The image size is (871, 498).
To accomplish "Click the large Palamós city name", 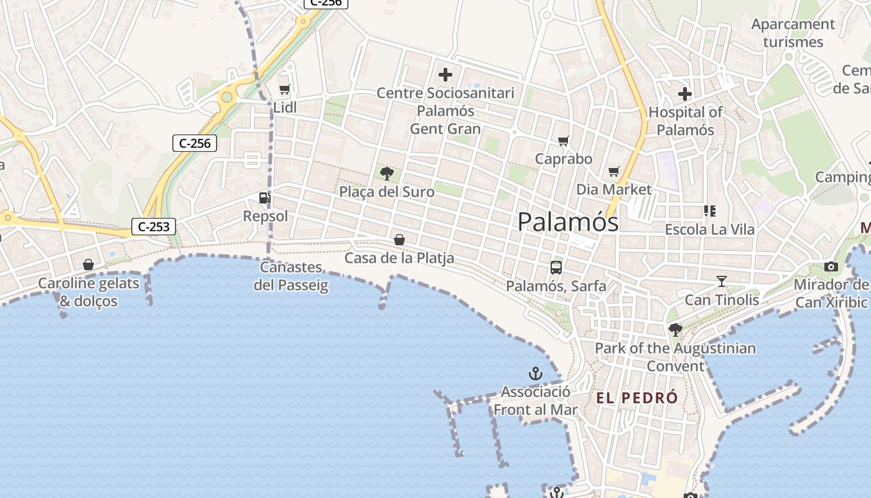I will (x=568, y=222).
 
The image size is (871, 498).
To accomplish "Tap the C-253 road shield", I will (x=153, y=227).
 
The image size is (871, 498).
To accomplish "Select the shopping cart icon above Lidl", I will (x=285, y=89).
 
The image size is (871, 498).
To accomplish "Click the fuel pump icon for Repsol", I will (x=265, y=198).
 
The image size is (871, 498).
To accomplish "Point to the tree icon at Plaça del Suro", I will (x=387, y=173).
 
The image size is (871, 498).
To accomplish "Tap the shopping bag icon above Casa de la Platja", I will (x=399, y=240).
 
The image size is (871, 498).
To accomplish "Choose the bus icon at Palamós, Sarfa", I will (x=556, y=268).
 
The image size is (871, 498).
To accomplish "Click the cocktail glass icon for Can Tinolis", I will (x=722, y=281).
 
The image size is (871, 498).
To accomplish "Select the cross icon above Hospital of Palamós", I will (x=685, y=94).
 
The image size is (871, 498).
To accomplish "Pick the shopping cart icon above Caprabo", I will (x=564, y=141).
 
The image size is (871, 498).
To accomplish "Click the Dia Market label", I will (x=613, y=189).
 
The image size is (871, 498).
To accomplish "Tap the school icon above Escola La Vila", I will (x=710, y=211).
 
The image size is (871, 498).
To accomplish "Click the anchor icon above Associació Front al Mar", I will (x=535, y=374).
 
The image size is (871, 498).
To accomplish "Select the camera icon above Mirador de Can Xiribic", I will (x=831, y=267).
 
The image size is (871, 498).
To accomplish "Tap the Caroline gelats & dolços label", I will (x=88, y=292).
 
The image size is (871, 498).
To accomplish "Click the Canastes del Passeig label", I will (x=291, y=276).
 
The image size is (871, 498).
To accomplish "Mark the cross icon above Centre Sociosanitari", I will (x=445, y=75).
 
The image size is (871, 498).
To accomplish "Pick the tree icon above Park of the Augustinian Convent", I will (x=675, y=330).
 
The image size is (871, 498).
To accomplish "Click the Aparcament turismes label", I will (x=793, y=33).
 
